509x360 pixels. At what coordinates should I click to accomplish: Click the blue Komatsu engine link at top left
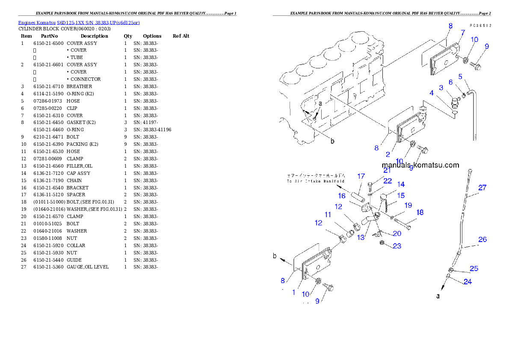click(x=79, y=22)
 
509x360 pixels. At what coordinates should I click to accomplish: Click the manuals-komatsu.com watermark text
click(x=420, y=165)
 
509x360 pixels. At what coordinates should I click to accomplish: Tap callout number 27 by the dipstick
click(x=482, y=187)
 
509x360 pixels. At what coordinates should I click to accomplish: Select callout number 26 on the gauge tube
click(x=482, y=239)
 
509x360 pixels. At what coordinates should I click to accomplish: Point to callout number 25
click(x=473, y=269)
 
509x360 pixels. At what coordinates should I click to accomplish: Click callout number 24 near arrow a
click(x=468, y=282)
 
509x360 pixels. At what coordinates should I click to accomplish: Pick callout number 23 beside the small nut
click(x=397, y=246)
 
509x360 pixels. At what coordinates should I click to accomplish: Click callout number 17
click(x=361, y=176)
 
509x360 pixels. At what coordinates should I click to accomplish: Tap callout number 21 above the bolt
click(x=387, y=170)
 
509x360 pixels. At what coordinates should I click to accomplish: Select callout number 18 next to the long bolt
click(x=420, y=212)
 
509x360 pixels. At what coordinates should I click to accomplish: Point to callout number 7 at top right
click(x=463, y=32)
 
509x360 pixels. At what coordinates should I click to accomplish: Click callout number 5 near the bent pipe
click(x=460, y=77)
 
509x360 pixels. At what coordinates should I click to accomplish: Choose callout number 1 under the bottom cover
click(x=294, y=292)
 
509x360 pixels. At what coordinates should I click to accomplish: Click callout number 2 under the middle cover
click(x=388, y=154)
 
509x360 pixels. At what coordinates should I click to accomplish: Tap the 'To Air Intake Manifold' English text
click(x=316, y=181)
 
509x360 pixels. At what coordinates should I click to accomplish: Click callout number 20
click(x=397, y=233)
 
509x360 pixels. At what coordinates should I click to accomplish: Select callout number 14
click(x=401, y=184)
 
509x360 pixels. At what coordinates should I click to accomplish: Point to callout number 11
click(x=328, y=215)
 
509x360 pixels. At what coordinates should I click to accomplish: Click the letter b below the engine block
click(x=332, y=141)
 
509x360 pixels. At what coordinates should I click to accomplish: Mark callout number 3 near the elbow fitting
click(x=441, y=88)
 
